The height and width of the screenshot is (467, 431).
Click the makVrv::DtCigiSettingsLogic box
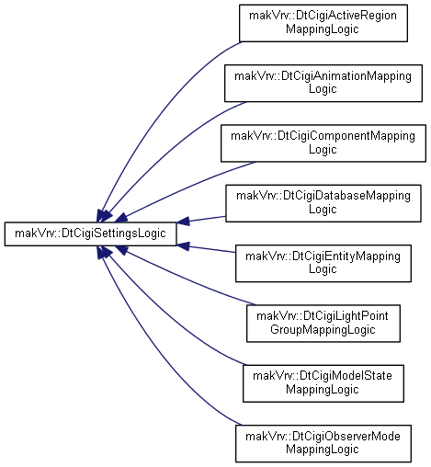point(90,233)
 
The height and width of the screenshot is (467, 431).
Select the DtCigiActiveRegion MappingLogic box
point(323,23)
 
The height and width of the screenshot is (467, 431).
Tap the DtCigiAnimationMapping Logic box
point(323,83)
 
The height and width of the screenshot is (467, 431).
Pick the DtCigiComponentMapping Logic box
point(323,143)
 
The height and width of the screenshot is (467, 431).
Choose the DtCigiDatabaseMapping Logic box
point(323,203)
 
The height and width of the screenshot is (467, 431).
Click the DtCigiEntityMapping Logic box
point(323,263)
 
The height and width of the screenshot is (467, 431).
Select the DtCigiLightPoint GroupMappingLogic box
point(323,324)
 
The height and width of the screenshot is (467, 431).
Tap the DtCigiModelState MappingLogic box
point(323,383)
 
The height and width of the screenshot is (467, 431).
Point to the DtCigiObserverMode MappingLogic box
point(323,443)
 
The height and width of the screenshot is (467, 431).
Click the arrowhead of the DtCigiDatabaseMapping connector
point(183,222)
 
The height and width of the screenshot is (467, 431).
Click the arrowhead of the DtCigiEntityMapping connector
point(183,246)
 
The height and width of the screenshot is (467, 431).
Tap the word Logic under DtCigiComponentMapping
point(323,150)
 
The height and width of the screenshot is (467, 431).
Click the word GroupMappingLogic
point(323,330)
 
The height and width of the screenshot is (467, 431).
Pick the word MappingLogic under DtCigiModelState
point(323,390)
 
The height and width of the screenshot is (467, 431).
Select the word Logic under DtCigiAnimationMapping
point(323,89)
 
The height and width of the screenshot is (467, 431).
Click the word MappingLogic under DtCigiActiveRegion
point(323,29)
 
